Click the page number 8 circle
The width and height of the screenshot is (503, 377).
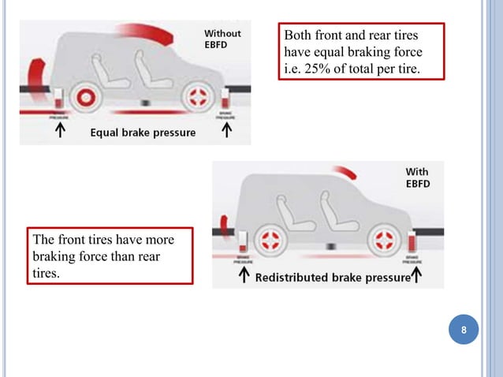464,330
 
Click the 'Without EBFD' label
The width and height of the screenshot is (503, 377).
223,39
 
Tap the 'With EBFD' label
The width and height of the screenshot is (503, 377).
418,177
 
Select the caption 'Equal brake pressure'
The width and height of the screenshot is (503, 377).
143,133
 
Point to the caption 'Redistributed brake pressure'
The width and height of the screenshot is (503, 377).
332,278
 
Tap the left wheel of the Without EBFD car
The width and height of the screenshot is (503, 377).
82,99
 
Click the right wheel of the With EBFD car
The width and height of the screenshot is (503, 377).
387,240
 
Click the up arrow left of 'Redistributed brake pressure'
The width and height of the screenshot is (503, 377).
244,277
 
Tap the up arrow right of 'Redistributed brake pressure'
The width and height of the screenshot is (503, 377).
417,277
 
